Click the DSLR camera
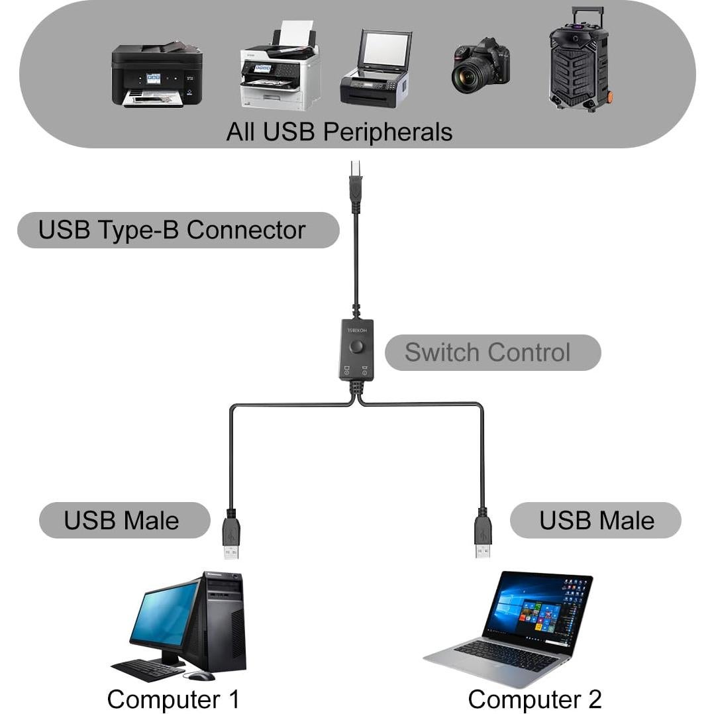[481, 67]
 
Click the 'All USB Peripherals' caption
[339, 131]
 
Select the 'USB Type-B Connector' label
[172, 230]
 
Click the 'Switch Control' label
[487, 352]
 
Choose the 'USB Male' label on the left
[121, 521]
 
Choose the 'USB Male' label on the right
[596, 521]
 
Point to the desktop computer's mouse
[201, 675]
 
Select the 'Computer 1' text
[173, 699]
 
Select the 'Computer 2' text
[535, 699]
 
